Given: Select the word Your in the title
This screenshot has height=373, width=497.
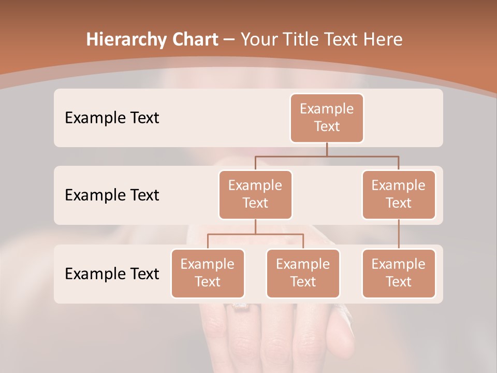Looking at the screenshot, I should click(x=259, y=40).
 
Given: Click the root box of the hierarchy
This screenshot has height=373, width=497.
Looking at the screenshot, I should click(x=327, y=118).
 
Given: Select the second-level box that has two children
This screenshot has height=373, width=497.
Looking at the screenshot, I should click(x=255, y=195).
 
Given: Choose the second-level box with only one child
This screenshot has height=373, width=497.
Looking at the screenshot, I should click(x=399, y=195).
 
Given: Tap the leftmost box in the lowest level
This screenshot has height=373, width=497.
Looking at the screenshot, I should click(x=208, y=274).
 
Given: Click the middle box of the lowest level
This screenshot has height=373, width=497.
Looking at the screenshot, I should click(x=303, y=274).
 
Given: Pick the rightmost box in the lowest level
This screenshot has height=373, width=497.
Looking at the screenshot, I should click(x=399, y=274).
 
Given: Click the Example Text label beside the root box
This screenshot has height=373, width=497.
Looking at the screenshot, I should click(x=112, y=118).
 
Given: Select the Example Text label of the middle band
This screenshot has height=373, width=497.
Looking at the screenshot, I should click(x=112, y=195).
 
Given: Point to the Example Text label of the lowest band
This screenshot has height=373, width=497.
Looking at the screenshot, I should click(x=112, y=274).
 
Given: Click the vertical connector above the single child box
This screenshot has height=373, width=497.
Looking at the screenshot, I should click(x=399, y=234).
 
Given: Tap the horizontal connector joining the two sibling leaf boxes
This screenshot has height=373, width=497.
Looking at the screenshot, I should click(x=255, y=234).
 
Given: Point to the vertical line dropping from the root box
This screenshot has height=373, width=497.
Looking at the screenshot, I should click(x=327, y=149).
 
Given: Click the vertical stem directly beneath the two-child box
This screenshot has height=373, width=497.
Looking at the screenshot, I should click(x=255, y=226).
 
